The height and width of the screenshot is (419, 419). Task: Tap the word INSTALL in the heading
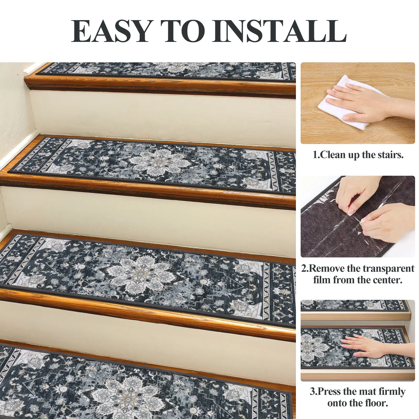[279, 31]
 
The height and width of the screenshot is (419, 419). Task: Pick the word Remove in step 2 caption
[327, 268]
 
